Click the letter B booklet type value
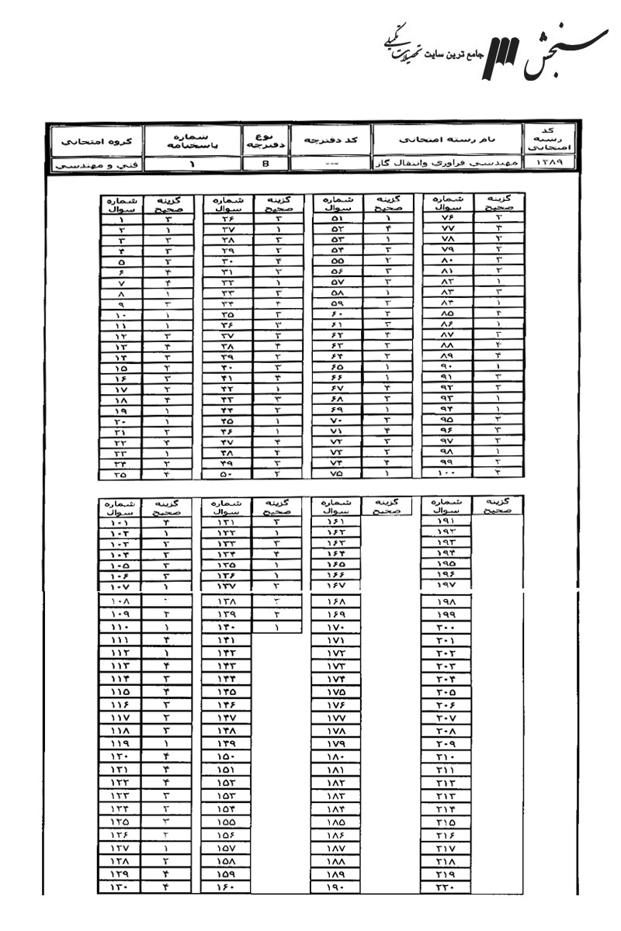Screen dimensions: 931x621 pyautogui.click(x=265, y=164)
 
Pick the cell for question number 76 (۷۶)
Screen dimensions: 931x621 pyautogui.click(x=445, y=219)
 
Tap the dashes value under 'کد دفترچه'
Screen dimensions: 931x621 pyautogui.click(x=331, y=164)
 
